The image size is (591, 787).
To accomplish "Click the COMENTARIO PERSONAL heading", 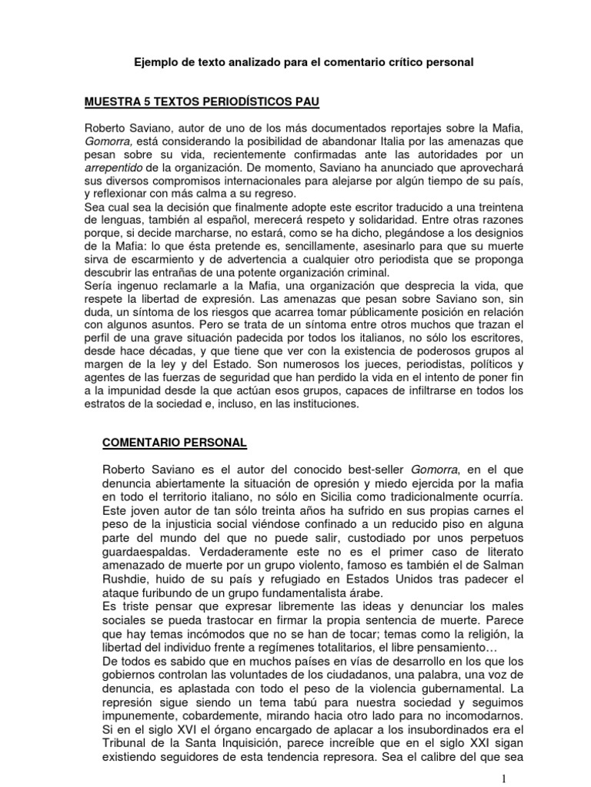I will [x=175, y=443].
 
